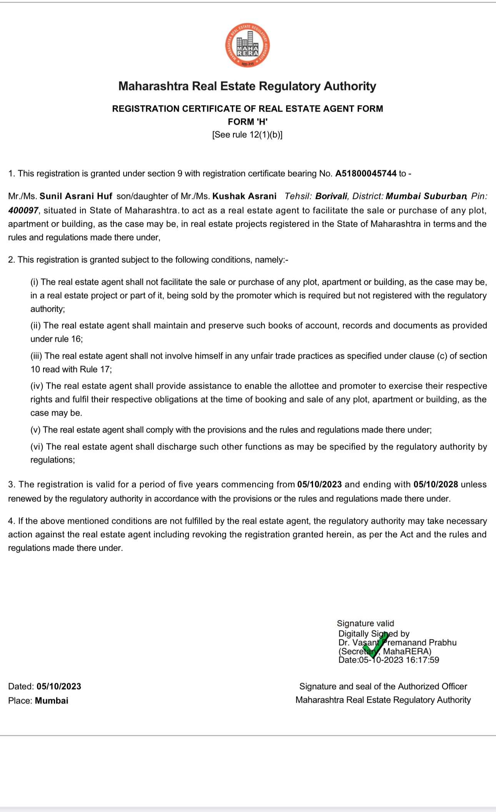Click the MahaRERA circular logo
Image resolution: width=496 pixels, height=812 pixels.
click(247, 45)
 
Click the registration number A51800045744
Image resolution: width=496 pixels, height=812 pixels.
click(366, 174)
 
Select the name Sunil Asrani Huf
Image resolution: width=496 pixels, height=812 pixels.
click(76, 196)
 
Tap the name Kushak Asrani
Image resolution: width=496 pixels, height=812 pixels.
click(245, 196)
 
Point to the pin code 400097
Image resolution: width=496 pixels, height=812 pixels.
click(23, 211)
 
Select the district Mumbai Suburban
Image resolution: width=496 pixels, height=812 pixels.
click(426, 196)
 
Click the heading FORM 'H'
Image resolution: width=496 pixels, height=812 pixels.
click(248, 122)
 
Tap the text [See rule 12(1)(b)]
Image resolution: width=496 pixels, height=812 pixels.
click(247, 135)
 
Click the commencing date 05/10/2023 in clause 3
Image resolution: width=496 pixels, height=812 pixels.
click(320, 485)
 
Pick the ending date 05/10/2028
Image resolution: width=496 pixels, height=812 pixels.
click(436, 485)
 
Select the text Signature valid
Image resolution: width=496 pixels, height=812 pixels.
click(365, 623)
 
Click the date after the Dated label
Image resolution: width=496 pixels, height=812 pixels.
click(59, 687)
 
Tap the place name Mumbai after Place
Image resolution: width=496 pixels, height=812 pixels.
click(52, 701)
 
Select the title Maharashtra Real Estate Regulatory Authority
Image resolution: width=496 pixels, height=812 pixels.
click(247, 86)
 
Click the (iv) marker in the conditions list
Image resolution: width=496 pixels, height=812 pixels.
click(37, 386)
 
